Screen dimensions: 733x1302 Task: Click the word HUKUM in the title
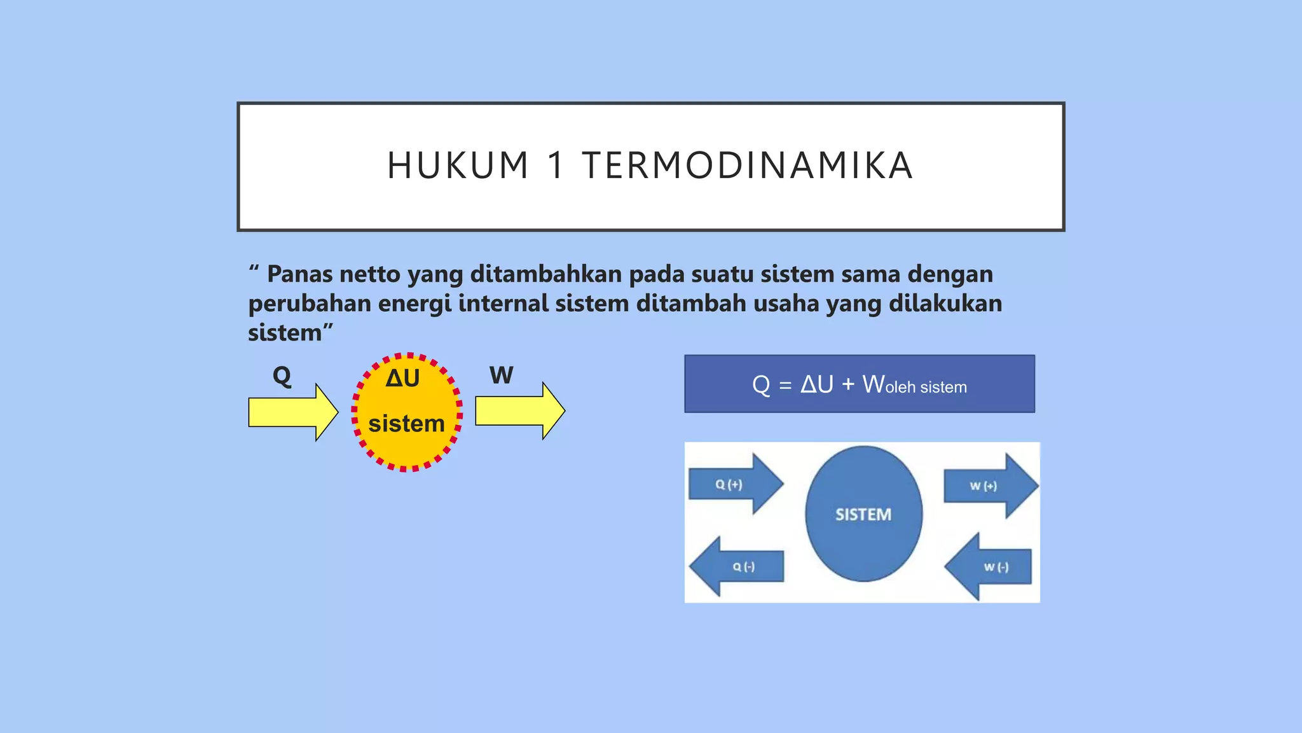click(458, 166)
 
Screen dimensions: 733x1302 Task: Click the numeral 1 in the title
click(556, 166)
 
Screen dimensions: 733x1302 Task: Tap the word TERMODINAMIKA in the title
click(748, 166)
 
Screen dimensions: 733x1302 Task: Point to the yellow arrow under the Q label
click(292, 412)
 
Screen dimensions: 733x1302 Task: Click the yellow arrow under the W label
click(519, 411)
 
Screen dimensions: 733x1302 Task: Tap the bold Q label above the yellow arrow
click(282, 375)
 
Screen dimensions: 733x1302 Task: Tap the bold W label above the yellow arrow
click(501, 375)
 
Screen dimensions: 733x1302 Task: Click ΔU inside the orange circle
click(402, 379)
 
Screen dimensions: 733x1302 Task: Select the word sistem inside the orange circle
click(406, 424)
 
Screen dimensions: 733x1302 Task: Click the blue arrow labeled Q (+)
click(734, 484)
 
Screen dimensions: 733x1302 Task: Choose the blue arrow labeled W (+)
click(989, 486)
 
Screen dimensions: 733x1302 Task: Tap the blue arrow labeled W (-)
click(990, 567)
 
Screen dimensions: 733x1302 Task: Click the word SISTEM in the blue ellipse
click(863, 514)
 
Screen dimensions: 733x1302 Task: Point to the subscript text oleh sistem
click(926, 387)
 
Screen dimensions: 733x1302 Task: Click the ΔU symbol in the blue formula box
click(816, 384)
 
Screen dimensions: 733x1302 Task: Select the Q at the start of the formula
click(760, 385)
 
